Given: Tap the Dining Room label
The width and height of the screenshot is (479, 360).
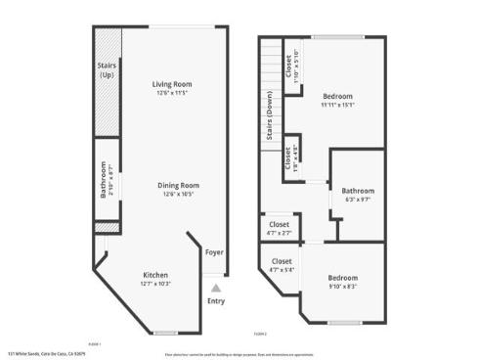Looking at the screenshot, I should click(x=180, y=185).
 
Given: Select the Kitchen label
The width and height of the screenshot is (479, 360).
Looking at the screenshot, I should click(x=156, y=275).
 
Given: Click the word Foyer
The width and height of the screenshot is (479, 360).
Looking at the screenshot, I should click(x=214, y=252).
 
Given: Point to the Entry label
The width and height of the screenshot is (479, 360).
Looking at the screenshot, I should click(x=215, y=300).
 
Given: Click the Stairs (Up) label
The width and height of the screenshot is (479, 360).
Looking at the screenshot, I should click(x=108, y=71).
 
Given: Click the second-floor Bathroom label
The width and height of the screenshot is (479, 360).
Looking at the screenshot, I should click(x=358, y=191).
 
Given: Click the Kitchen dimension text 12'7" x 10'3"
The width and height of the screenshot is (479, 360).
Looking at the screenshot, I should click(x=156, y=284).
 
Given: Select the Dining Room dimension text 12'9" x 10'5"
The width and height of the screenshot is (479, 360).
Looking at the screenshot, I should click(x=180, y=194).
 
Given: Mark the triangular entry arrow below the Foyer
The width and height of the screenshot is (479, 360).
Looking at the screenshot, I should click(x=215, y=289).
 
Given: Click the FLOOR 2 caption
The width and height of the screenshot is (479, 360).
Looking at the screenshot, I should click(x=259, y=333).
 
